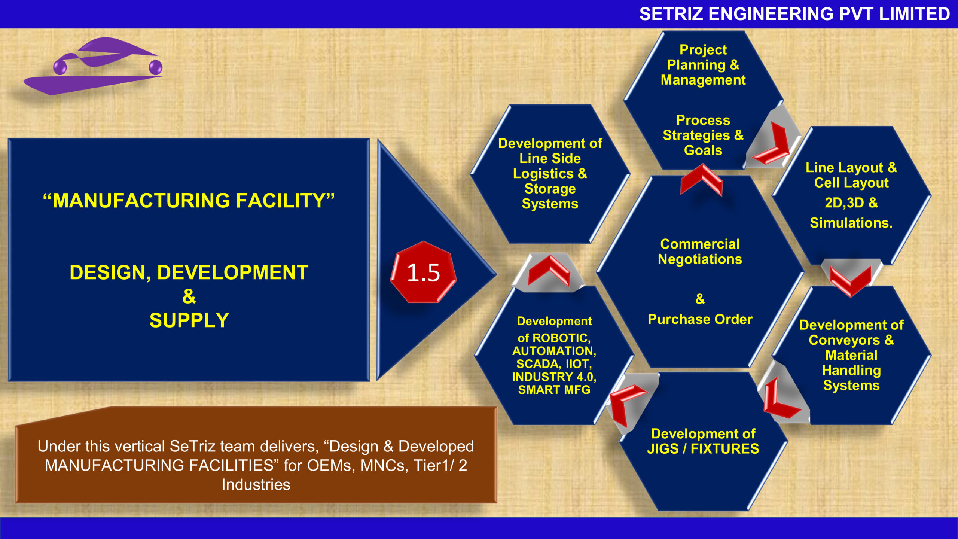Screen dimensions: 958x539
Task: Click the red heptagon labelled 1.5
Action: (423, 272)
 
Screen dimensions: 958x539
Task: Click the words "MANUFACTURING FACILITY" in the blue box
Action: (189, 201)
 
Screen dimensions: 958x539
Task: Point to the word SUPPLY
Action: (189, 320)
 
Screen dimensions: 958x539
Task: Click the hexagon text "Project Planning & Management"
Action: (703, 65)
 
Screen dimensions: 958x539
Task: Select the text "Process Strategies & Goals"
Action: (703, 135)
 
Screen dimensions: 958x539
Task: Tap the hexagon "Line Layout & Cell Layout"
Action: (851, 195)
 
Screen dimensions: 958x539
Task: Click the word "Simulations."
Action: (851, 223)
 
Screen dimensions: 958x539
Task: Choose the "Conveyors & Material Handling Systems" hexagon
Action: (851, 355)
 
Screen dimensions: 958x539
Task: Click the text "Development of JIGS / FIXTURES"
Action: (703, 441)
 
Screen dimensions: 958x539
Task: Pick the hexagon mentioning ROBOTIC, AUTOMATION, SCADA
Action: (554, 355)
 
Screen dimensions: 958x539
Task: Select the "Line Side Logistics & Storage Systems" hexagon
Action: (550, 174)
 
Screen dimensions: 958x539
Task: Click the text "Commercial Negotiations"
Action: (700, 252)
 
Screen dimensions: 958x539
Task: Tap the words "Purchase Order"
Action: (700, 319)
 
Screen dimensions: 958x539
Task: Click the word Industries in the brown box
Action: (256, 485)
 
